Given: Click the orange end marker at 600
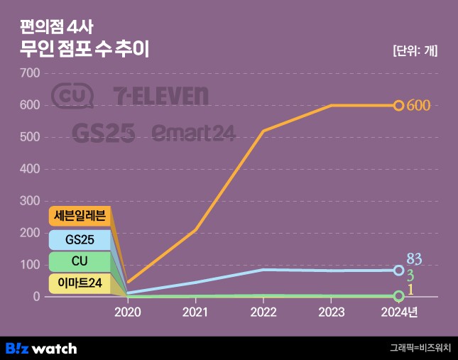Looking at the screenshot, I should pyautogui.click(x=398, y=106).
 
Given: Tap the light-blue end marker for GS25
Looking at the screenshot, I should pyautogui.click(x=398, y=271).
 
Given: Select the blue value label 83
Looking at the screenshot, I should pyautogui.click(x=415, y=259).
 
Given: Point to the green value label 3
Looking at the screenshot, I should pyautogui.click(x=410, y=275).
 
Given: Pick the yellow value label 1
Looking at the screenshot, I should pyautogui.click(x=410, y=290).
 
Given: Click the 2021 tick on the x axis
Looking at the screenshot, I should pyautogui.click(x=195, y=312).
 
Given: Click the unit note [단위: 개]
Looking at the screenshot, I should pyautogui.click(x=415, y=50).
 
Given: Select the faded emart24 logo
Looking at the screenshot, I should pyautogui.click(x=193, y=132).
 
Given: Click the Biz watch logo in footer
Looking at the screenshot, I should pyautogui.click(x=41, y=348).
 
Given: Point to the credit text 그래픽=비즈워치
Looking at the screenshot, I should pyautogui.click(x=420, y=348).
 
